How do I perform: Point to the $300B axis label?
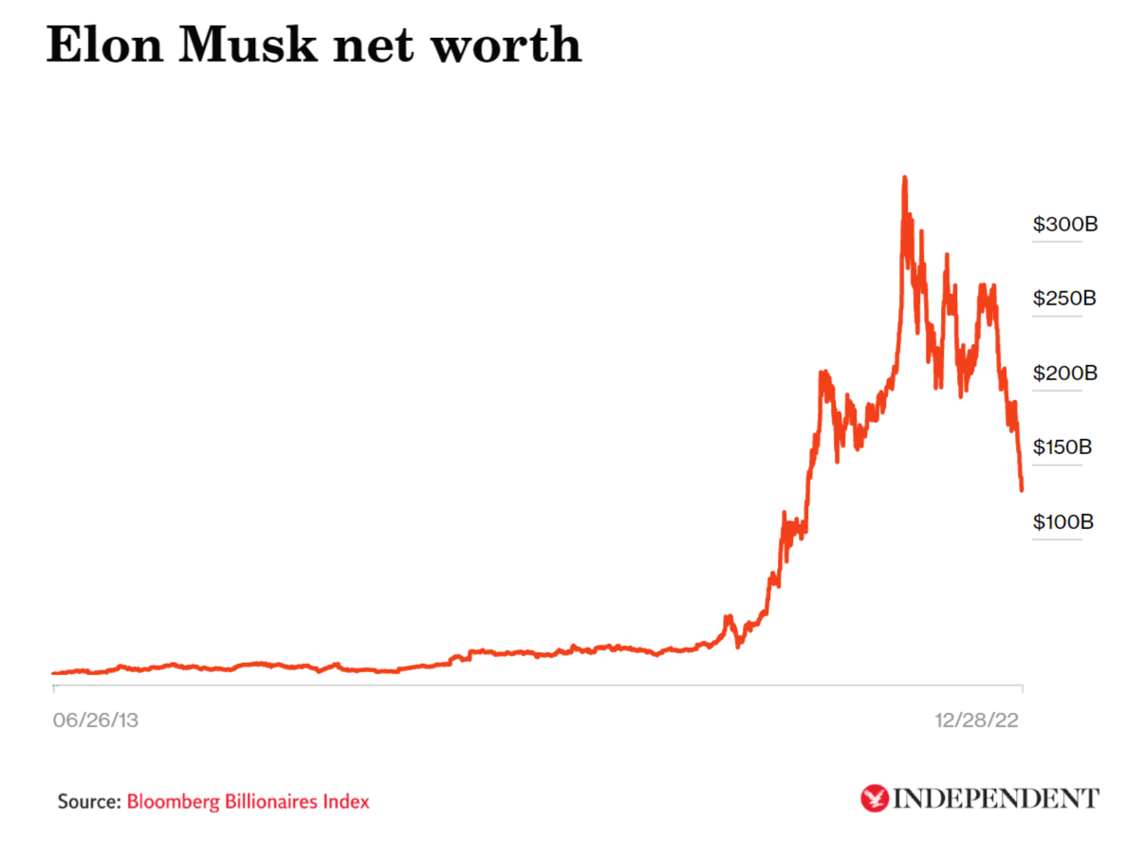pyautogui.click(x=1064, y=225)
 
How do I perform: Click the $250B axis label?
pyautogui.click(x=1064, y=299)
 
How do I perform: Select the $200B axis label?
pyautogui.click(x=1064, y=373)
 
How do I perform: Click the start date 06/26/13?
pyautogui.click(x=95, y=721)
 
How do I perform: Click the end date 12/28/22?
pyautogui.click(x=977, y=721)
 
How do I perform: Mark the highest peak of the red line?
pyautogui.click(x=904, y=178)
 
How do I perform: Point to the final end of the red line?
pyautogui.click(x=1022, y=489)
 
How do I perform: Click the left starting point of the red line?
pyautogui.click(x=54, y=673)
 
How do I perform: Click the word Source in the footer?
pyautogui.click(x=88, y=801)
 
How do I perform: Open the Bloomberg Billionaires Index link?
pyautogui.click(x=248, y=801)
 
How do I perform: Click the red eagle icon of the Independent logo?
pyautogui.click(x=874, y=798)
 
